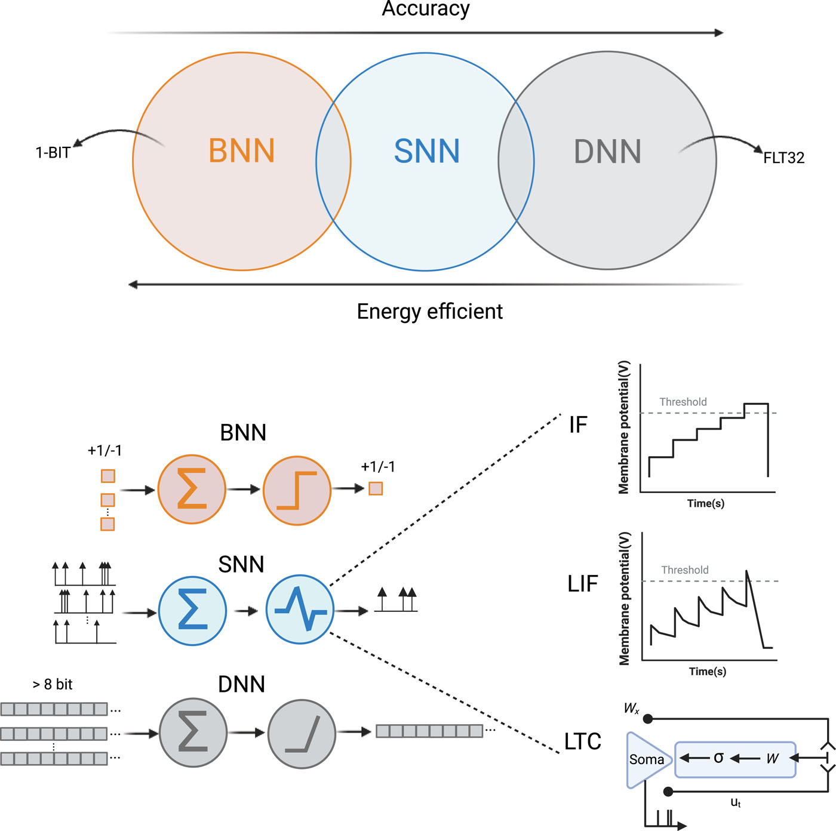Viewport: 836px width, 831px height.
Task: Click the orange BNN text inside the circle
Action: [241, 151]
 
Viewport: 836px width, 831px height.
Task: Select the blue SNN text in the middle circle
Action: [426, 152]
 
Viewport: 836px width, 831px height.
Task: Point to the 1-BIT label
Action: [53, 153]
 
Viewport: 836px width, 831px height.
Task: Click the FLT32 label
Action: [783, 158]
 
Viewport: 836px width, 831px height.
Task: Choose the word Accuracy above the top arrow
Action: [426, 9]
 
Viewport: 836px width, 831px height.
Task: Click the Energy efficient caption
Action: [429, 312]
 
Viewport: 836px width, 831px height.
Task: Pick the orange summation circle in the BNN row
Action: [192, 489]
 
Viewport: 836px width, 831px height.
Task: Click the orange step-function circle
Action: [297, 490]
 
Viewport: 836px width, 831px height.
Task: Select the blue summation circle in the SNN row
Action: [192, 611]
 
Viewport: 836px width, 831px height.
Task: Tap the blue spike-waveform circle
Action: [300, 610]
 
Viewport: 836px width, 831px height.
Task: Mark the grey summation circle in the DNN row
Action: [193, 732]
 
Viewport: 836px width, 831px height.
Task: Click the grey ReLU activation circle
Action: [302, 734]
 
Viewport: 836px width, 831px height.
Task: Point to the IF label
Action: [577, 425]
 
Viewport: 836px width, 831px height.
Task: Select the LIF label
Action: [582, 584]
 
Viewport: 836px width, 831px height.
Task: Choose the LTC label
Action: [582, 741]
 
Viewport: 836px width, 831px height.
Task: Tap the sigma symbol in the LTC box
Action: [718, 758]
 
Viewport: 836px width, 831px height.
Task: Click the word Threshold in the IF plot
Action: [683, 402]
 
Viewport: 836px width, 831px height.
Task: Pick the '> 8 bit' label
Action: [53, 685]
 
